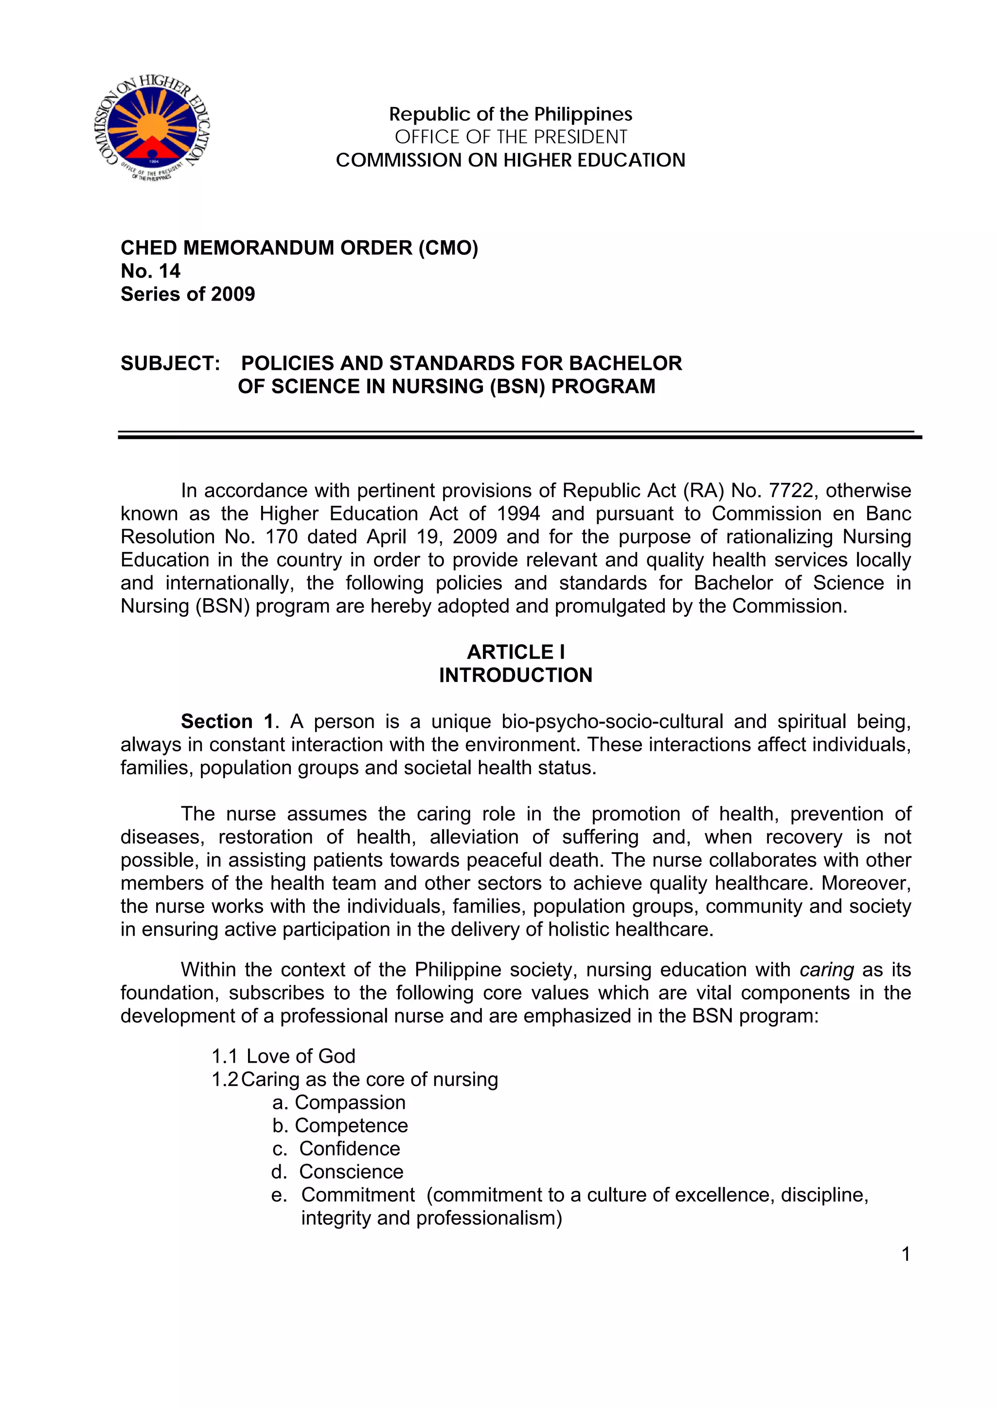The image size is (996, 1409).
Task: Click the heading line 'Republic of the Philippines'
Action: [x=511, y=114]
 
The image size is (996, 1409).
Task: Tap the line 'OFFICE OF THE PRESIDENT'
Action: [x=511, y=137]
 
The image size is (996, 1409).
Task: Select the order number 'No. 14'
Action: [x=150, y=270]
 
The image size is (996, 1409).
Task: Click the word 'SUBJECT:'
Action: [x=170, y=363]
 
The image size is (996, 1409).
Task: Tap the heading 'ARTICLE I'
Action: [x=516, y=652]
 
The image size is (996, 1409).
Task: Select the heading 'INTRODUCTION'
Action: [x=516, y=675]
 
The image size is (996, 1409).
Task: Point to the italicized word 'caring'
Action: [x=827, y=970]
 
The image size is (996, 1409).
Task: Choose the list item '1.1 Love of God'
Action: [x=284, y=1056]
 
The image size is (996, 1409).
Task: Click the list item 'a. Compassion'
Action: [x=339, y=1102]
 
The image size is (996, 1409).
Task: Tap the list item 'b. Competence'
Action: [x=340, y=1125]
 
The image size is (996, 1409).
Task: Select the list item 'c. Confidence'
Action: [x=336, y=1149]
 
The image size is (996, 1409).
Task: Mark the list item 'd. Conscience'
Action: [x=338, y=1172]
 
